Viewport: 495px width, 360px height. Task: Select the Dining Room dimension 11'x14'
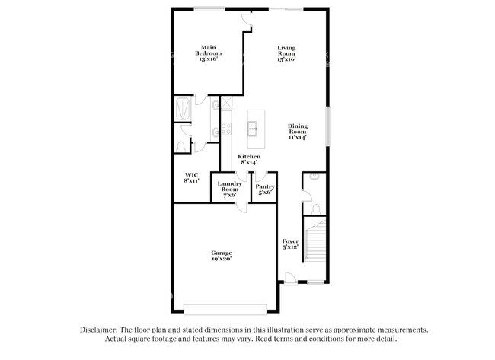[x=297, y=138]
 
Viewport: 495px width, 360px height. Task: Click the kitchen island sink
[x=254, y=127]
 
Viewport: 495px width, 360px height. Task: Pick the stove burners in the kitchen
[x=226, y=129]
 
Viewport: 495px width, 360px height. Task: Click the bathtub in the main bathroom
[x=183, y=109]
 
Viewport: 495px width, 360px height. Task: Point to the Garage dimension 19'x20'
[x=222, y=259]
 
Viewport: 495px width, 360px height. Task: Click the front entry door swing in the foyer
[x=289, y=278]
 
